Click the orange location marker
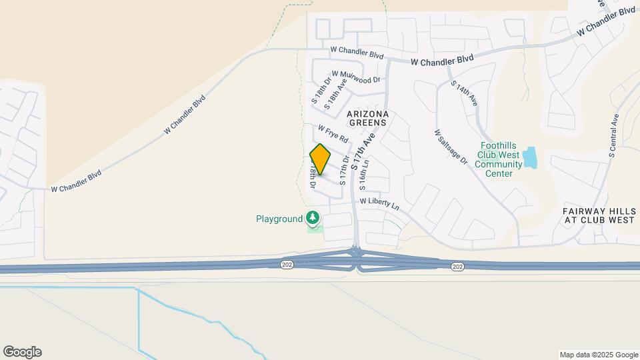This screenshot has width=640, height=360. point(321,159)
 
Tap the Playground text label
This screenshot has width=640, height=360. point(279,219)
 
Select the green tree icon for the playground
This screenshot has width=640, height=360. point(313,217)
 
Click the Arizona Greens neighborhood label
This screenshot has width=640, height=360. point(367,119)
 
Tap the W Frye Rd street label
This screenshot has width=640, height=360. point(333,134)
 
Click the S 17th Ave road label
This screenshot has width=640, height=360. point(364,150)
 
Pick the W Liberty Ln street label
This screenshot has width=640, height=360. point(379,203)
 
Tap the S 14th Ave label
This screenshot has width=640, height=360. point(465,94)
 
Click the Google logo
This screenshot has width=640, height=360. point(22,352)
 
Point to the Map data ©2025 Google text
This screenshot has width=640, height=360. point(598,355)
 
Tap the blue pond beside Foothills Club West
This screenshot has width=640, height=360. point(530,158)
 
